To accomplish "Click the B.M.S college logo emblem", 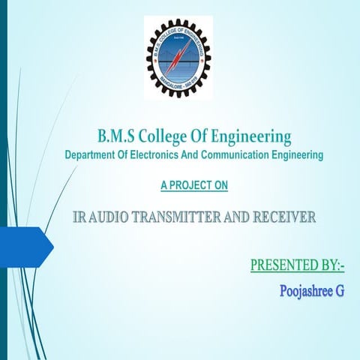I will pyautogui.click(x=178, y=58).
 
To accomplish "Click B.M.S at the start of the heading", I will pyautogui.click(x=115, y=137).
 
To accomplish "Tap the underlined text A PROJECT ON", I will pyautogui.click(x=194, y=184).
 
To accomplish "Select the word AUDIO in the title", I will pyautogui.click(x=112, y=218).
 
